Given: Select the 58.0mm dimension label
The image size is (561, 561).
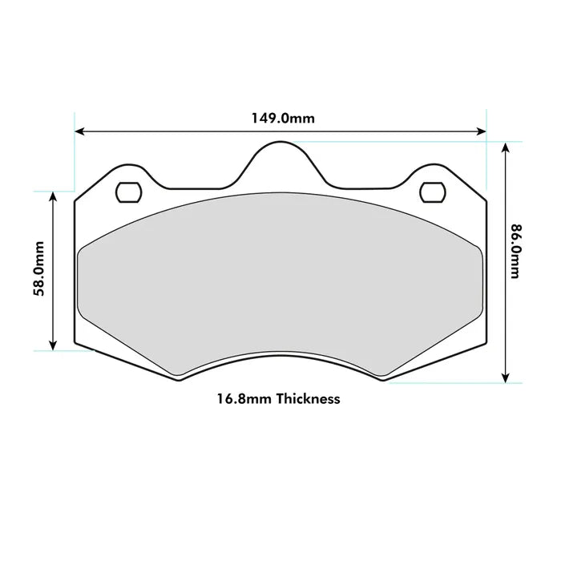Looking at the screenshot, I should (x=38, y=270).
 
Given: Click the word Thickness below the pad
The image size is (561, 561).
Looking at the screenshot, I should (x=308, y=398).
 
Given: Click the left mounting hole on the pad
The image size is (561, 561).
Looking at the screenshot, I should (x=128, y=192).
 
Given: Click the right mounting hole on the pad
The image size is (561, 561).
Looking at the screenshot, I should (x=432, y=192).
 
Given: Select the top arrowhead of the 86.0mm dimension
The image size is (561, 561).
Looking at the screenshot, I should (x=505, y=147).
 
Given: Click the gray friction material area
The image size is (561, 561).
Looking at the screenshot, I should (x=280, y=280).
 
